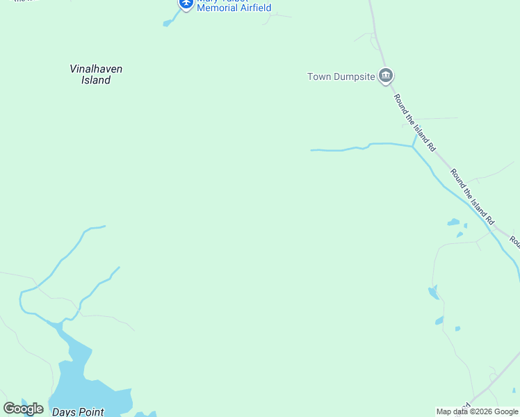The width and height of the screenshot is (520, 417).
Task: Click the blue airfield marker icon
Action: tap(186, 3)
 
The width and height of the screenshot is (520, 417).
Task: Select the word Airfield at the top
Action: tap(254, 8)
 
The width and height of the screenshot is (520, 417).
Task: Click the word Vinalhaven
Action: tap(96, 69)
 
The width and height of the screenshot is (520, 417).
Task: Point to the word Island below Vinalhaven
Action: tap(96, 80)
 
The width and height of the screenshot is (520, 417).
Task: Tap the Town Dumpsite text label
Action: tap(341, 76)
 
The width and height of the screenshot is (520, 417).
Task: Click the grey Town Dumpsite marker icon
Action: tap(386, 76)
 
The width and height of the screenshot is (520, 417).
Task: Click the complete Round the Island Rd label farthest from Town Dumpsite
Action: tap(472, 196)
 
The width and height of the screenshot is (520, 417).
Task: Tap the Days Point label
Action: tap(78, 412)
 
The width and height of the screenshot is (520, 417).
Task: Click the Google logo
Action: tap(23, 409)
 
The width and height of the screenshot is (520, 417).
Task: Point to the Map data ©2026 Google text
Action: tap(477, 411)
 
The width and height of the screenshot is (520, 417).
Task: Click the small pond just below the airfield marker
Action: tap(167, 24)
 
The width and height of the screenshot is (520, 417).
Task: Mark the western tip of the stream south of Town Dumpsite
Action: tap(311, 149)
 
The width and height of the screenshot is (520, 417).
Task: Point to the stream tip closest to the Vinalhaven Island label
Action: tap(104, 226)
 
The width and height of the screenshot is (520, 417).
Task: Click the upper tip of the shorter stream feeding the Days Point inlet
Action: tap(119, 267)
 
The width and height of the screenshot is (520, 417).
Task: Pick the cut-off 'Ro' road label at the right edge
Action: tap(514, 241)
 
